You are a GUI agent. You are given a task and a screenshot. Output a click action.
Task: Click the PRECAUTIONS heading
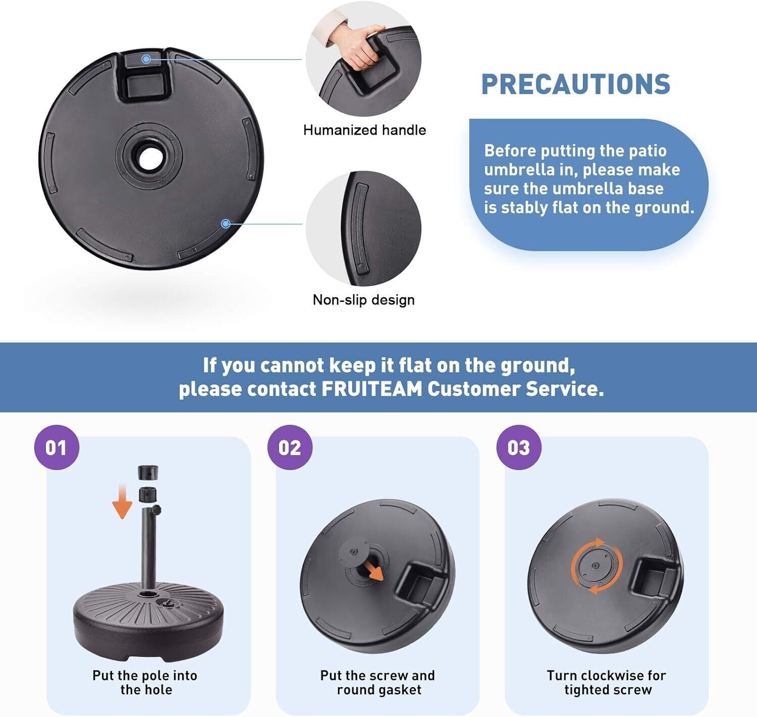coord(576,84)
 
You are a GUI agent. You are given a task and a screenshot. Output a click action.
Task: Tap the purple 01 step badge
coord(57,448)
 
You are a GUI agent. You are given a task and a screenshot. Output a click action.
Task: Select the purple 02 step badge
coord(290,448)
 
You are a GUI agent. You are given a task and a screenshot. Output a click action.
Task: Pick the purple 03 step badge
coord(519,448)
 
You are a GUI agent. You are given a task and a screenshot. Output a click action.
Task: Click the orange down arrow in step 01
coord(122,502)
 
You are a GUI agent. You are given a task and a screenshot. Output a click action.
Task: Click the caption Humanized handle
coord(365,130)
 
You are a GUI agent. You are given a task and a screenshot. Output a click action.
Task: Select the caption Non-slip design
coord(364,300)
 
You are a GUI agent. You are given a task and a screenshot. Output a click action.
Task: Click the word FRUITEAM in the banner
coord(372,389)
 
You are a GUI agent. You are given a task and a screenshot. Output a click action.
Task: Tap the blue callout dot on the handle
coord(145,59)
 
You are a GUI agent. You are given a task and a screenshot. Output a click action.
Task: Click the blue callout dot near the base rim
coord(226,224)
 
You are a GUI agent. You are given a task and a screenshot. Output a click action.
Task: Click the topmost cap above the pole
coord(148,472)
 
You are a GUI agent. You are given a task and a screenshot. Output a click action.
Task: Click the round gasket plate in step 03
coord(596,565)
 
